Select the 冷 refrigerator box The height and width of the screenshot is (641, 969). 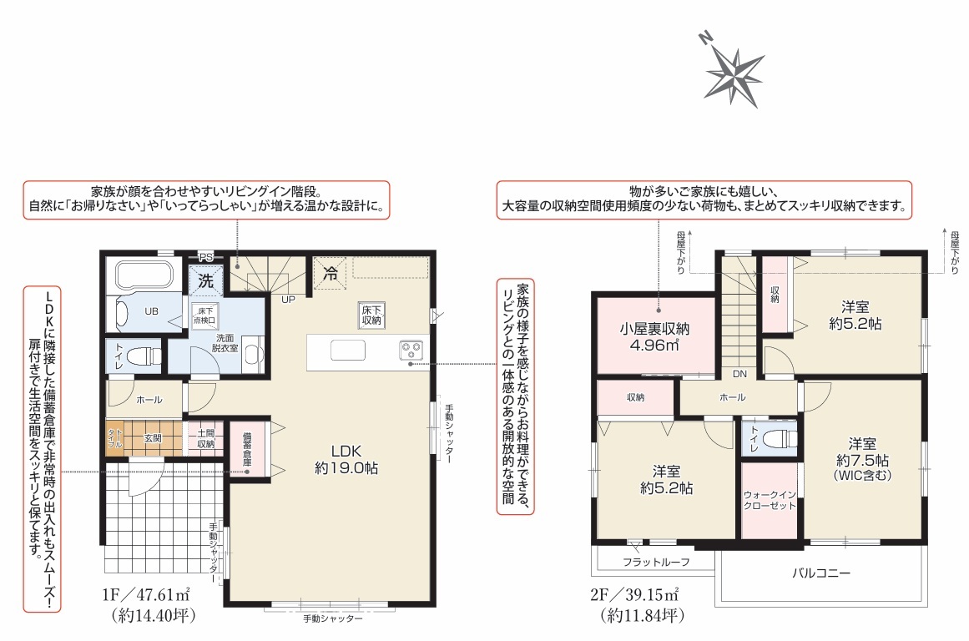click(x=330, y=273)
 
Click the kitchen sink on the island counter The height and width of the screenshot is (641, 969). click(x=347, y=350)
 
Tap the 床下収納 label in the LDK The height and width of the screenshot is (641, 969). click(x=371, y=315)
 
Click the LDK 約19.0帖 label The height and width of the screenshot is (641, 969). click(x=346, y=459)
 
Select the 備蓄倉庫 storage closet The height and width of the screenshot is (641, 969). click(x=247, y=449)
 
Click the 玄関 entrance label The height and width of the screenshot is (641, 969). click(x=153, y=437)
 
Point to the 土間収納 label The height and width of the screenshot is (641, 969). click(x=206, y=438)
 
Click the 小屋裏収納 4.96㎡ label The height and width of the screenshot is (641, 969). click(x=654, y=336)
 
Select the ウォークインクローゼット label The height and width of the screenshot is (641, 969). click(x=770, y=500)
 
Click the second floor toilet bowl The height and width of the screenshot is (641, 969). click(x=780, y=439)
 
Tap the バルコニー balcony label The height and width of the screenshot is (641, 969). click(x=821, y=573)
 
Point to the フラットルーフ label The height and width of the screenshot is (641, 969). click(x=656, y=562)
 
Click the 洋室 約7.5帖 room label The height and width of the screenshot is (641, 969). click(x=862, y=459)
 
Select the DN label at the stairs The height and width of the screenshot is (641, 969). click(x=739, y=374)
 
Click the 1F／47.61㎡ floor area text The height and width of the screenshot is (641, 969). click(x=146, y=594)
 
